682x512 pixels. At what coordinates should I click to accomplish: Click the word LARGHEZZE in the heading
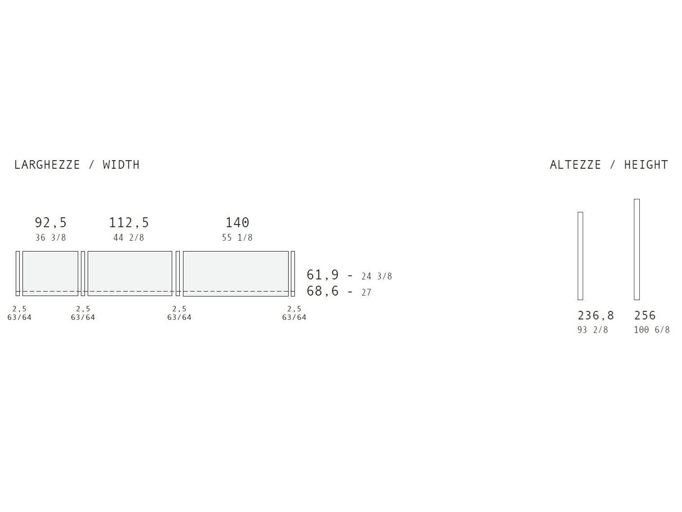click(47, 165)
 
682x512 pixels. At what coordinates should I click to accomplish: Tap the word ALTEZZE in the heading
click(575, 165)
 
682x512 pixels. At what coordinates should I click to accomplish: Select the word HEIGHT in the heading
click(646, 165)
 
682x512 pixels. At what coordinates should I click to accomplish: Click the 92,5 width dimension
click(51, 223)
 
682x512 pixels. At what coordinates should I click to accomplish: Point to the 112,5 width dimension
click(129, 223)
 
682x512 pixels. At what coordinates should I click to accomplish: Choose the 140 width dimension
click(237, 223)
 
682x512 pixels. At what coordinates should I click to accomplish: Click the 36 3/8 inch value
click(51, 238)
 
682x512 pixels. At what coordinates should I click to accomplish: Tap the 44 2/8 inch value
click(129, 238)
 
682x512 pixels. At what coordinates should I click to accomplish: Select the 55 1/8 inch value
click(237, 238)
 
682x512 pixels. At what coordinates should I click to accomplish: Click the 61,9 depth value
click(322, 275)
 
